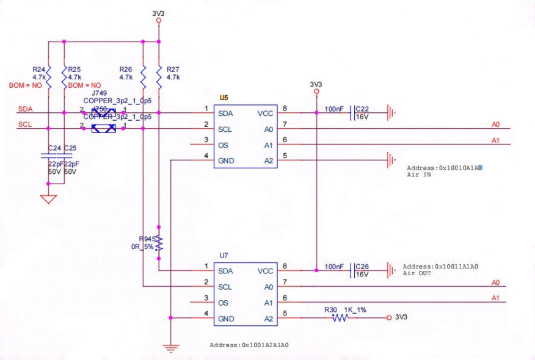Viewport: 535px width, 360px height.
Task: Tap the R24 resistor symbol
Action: point(48,77)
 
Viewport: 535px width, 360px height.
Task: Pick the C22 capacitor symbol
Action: point(351,113)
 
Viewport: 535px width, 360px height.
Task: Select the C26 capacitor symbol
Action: point(351,270)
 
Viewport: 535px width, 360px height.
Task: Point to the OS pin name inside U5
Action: point(223,145)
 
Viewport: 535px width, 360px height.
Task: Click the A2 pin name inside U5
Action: point(268,161)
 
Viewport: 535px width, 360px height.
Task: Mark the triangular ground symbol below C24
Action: point(48,199)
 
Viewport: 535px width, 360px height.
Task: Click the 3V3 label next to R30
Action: point(401,318)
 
